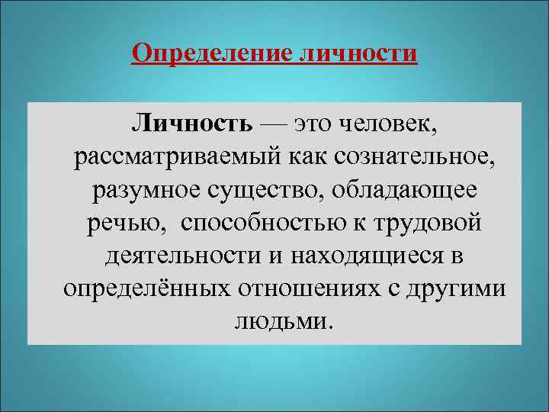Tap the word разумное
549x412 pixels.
click(143, 190)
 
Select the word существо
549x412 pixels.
click(263, 190)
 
